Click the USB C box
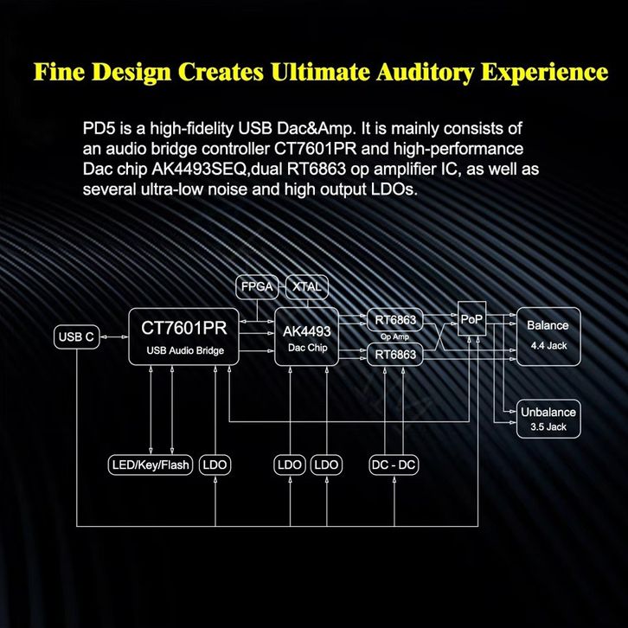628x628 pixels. click(x=76, y=336)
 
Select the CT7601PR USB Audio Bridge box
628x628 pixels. click(x=182, y=336)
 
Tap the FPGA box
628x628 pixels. click(x=257, y=286)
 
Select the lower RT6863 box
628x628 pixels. click(x=395, y=355)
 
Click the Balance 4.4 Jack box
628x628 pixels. click(x=548, y=332)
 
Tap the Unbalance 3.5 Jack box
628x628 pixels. click(x=548, y=418)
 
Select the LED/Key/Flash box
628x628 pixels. click(x=151, y=465)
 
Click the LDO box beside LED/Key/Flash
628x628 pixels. click(x=214, y=465)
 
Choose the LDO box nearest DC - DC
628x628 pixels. click(x=327, y=465)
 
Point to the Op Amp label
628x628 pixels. click(x=394, y=337)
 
